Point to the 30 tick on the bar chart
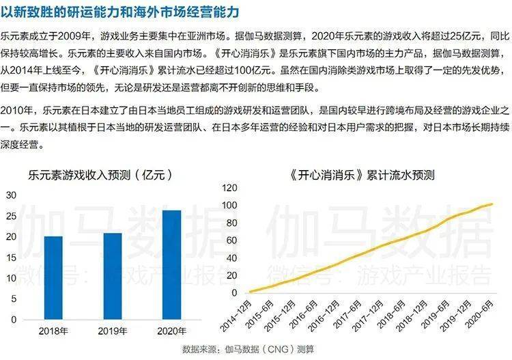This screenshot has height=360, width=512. pyautogui.click(x=10, y=195)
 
